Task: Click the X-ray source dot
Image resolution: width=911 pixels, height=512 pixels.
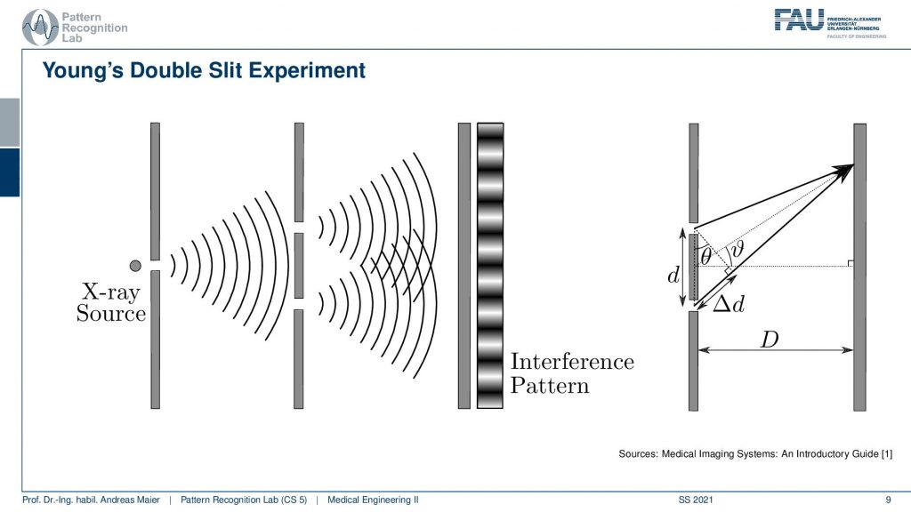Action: pyautogui.click(x=135, y=265)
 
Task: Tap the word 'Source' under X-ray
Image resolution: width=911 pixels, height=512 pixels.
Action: pyautogui.click(x=111, y=314)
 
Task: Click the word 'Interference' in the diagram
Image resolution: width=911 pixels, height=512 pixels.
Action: pyautogui.click(x=572, y=361)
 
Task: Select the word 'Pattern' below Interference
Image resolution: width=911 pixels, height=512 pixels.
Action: pyautogui.click(x=550, y=386)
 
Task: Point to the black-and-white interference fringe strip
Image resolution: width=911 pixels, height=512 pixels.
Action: pyautogui.click(x=490, y=265)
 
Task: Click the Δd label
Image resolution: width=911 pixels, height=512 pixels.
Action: pyautogui.click(x=729, y=304)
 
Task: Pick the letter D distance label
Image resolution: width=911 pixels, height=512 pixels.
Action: pyautogui.click(x=770, y=339)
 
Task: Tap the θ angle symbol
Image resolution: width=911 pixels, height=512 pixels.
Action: pyautogui.click(x=705, y=256)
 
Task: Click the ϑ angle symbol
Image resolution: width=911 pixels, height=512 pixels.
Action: pyautogui.click(x=738, y=249)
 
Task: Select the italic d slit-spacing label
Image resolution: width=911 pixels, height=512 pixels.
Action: pyautogui.click(x=673, y=275)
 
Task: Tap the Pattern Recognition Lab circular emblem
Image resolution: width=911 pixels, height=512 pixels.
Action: pyautogui.click(x=39, y=28)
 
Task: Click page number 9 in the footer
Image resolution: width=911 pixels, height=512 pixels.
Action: pyautogui.click(x=888, y=500)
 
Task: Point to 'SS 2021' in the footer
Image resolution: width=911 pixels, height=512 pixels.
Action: pyautogui.click(x=696, y=500)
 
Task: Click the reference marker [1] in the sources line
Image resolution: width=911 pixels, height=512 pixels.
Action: pyautogui.click(x=887, y=453)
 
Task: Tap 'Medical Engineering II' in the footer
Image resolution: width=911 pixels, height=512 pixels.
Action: pyautogui.click(x=373, y=500)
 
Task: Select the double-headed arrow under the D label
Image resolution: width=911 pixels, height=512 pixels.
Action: pyautogui.click(x=776, y=350)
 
